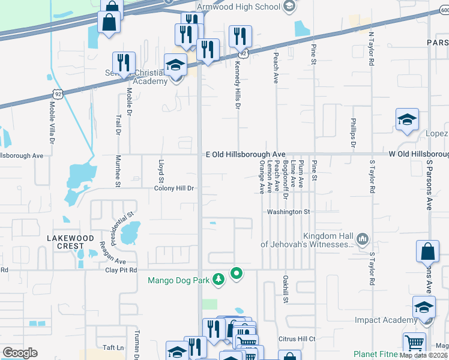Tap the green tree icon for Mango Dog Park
coord(220,278)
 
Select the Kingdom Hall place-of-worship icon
coord(362,239)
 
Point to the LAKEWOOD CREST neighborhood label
coord(71,242)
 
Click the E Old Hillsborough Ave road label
coord(245,155)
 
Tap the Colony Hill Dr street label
coord(175,188)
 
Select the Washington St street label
coord(288,212)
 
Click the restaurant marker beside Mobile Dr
coord(124,63)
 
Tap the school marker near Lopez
coord(407,119)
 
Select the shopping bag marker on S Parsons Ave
coord(428,252)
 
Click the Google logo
coord(20,353)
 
